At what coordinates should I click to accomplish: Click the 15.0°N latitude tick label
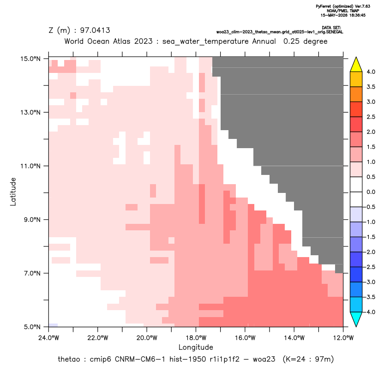(x=30, y=59)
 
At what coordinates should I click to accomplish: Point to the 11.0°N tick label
(x=30, y=166)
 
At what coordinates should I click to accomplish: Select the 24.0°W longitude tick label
(x=49, y=338)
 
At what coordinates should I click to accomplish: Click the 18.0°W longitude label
(x=196, y=338)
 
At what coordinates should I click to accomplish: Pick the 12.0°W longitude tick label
(x=343, y=338)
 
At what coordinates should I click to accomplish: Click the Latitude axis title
(x=13, y=192)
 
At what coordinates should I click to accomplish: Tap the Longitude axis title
(x=196, y=347)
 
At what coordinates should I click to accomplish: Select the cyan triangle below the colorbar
(x=356, y=318)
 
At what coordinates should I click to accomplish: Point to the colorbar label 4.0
(x=371, y=72)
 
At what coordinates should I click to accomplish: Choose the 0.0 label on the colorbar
(x=371, y=192)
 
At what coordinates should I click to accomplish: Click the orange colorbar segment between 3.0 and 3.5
(x=356, y=94)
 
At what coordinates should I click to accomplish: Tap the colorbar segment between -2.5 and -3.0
(x=356, y=275)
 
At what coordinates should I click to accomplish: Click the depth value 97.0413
(x=95, y=30)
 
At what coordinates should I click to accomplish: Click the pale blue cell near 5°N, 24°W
(x=53, y=325)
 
